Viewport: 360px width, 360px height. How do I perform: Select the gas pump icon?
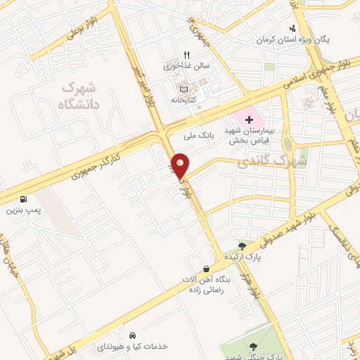(x=25, y=199)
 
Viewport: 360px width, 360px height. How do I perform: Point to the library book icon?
(x=185, y=89)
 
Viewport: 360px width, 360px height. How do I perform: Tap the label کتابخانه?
(x=186, y=101)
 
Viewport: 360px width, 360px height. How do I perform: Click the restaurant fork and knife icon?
(x=186, y=54)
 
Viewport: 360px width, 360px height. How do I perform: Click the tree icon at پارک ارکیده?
(x=242, y=246)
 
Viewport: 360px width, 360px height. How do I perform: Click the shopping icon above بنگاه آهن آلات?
(x=205, y=269)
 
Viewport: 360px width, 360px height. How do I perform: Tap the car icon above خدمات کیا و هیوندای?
(x=133, y=335)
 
